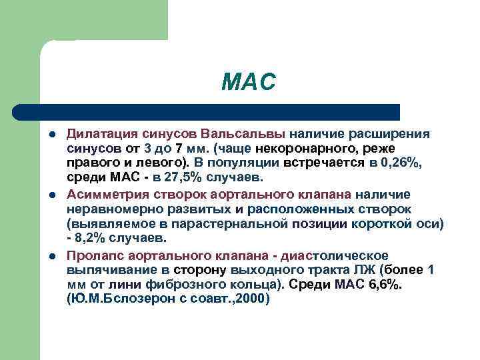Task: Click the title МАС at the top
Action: point(249,83)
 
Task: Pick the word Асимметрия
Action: point(101,194)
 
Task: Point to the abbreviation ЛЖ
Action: point(372,271)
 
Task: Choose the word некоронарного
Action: point(273,148)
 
